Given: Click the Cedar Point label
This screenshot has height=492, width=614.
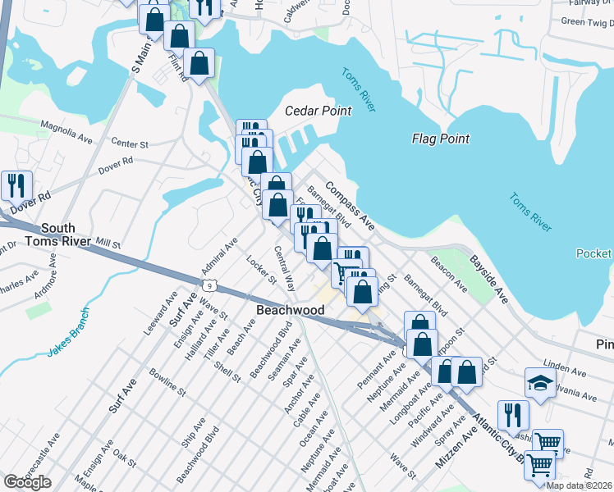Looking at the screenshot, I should (318, 111).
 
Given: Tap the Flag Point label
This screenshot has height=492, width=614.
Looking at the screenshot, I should (440, 139).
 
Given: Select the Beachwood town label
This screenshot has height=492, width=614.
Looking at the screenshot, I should (291, 310).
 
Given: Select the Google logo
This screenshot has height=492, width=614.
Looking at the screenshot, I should (27, 482).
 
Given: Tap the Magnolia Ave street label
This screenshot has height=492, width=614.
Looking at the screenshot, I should (68, 132).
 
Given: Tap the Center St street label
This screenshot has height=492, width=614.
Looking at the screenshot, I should (131, 143).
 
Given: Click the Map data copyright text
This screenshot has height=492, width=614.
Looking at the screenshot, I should (580, 485).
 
